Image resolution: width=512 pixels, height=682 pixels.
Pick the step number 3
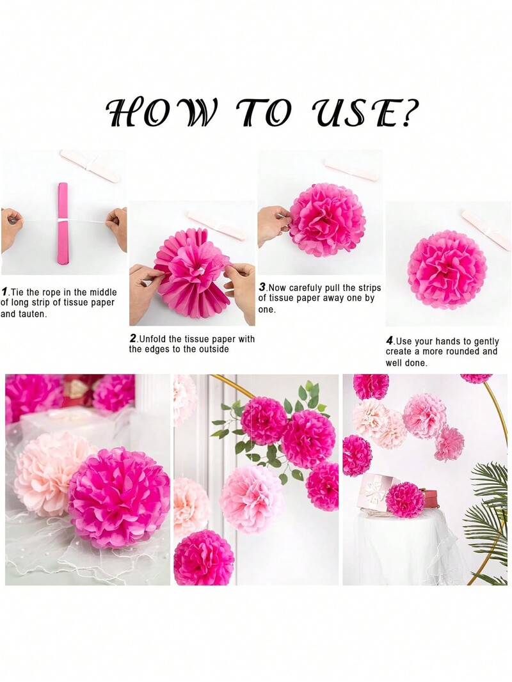(262, 287)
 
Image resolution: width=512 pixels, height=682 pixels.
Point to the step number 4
(390, 340)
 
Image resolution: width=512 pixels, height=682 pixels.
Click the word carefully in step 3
(308, 288)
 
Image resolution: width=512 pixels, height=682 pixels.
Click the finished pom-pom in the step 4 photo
(447, 263)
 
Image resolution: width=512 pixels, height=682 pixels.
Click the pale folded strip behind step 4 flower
(486, 229)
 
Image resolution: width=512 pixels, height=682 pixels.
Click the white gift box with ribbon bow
(378, 492)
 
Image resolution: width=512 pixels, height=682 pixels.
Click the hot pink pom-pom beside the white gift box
(405, 500)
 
